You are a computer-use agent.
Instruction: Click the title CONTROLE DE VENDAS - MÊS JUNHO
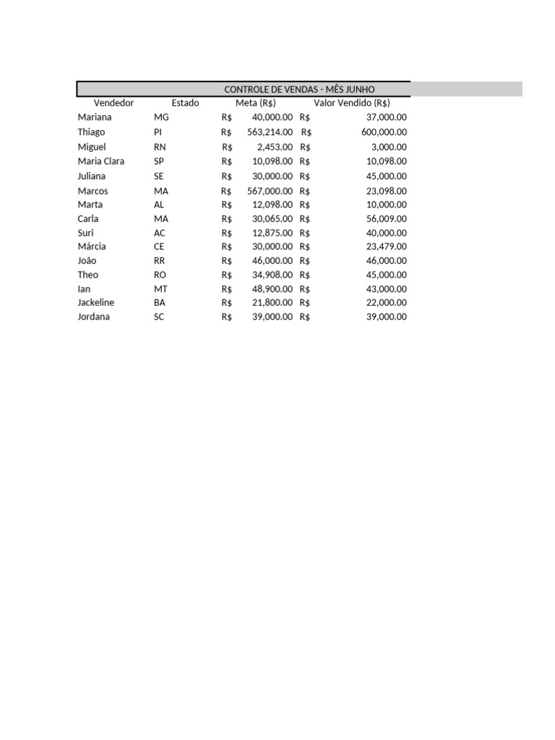click(x=299, y=89)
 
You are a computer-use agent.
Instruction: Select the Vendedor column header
click(x=113, y=103)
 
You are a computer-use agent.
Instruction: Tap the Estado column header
click(x=185, y=103)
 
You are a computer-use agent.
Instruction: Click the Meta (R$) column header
click(x=256, y=103)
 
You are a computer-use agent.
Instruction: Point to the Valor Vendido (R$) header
click(x=352, y=103)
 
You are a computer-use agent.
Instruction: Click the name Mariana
click(x=95, y=116)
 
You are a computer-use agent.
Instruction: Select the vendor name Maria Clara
click(x=101, y=161)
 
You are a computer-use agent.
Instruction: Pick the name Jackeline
click(x=96, y=302)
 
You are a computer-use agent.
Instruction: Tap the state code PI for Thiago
click(x=158, y=132)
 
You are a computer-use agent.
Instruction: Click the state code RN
click(x=160, y=147)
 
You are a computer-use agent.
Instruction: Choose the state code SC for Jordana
click(x=159, y=317)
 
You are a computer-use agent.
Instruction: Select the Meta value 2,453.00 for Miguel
click(x=275, y=147)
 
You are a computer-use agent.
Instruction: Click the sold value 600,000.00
click(x=384, y=132)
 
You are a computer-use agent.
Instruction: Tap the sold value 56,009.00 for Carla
click(x=387, y=218)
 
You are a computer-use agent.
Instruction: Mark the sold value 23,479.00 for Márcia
click(x=387, y=246)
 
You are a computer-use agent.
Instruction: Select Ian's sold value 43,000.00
click(x=387, y=288)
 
